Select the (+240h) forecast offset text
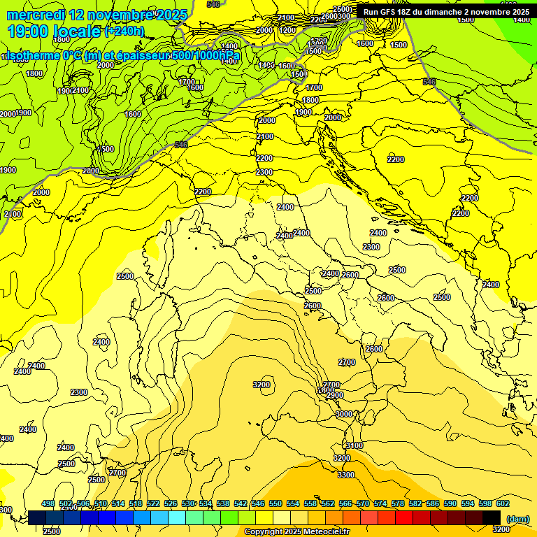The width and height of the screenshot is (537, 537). [x=124, y=31]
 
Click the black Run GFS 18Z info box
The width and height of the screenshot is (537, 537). [x=445, y=12]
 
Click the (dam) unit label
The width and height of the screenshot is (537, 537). [x=517, y=518]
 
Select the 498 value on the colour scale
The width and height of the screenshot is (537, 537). [x=48, y=503]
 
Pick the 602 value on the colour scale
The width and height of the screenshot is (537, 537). [x=503, y=503]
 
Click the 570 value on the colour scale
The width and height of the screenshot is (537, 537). [x=363, y=503]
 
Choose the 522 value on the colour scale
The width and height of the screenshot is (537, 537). [x=153, y=503]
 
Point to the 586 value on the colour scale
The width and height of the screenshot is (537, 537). [x=433, y=503]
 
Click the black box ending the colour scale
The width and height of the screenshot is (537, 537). [x=492, y=517]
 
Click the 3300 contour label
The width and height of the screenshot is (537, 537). [x=345, y=475]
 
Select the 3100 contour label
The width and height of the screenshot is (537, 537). [x=355, y=445]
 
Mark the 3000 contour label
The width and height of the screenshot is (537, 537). [x=344, y=415]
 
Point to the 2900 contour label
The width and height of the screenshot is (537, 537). [x=335, y=396]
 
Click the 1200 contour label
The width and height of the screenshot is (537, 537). [x=287, y=30]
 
